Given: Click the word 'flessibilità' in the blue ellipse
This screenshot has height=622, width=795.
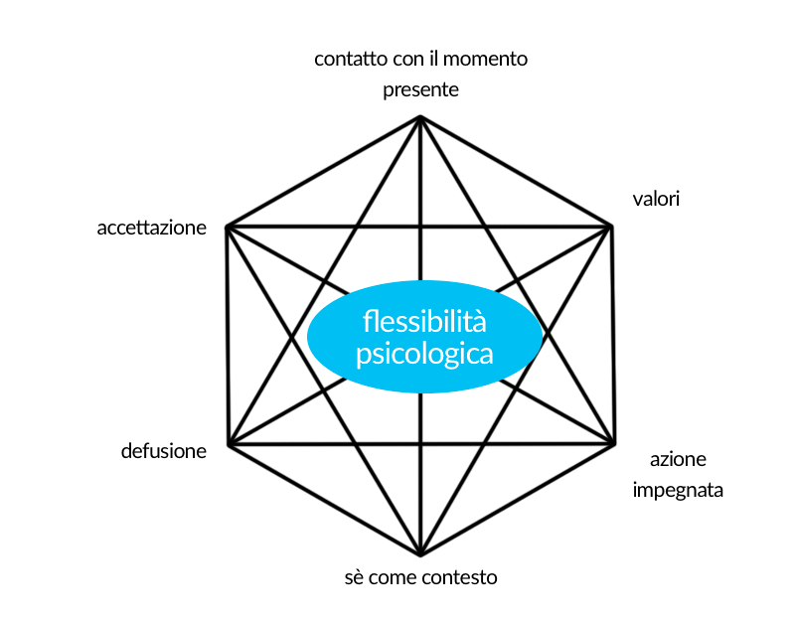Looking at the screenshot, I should (424, 322).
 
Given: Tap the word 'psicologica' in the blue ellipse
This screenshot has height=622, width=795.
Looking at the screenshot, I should (424, 353).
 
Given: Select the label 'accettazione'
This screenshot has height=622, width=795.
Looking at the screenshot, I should (151, 228).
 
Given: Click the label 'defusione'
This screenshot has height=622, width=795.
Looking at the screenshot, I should (164, 451).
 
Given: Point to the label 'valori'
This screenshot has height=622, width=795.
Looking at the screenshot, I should (656, 199).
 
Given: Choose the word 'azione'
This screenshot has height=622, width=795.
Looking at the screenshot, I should (679, 460).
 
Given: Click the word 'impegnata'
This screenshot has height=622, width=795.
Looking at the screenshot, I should (678, 490).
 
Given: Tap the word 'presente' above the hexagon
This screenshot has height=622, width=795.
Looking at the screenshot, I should (420, 89).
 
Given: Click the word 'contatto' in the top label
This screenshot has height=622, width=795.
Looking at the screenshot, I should (346, 59).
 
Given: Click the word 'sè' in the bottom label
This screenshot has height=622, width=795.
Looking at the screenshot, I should (355, 577).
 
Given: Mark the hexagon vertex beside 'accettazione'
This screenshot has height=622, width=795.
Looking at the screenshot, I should (228, 228).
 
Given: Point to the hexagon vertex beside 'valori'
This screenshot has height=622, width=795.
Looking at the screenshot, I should (611, 227).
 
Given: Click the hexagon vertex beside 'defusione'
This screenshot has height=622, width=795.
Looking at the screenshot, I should (229, 444).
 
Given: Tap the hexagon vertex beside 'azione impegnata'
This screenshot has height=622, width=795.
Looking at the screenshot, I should (613, 443).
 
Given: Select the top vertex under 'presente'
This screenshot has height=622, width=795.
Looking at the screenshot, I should (420, 117).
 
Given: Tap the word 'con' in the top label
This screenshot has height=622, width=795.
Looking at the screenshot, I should (398, 59).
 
